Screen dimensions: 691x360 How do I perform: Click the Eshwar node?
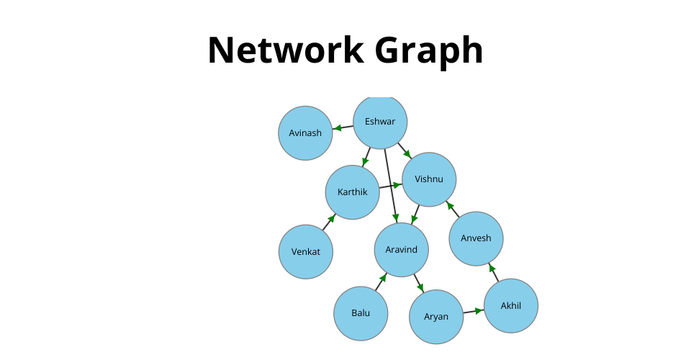(380, 122)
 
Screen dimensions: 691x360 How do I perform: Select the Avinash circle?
(305, 133)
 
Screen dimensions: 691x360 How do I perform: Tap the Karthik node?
(353, 192)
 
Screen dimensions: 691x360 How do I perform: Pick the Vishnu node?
(429, 179)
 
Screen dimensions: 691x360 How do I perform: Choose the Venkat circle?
(306, 251)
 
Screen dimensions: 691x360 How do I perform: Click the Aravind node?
(402, 250)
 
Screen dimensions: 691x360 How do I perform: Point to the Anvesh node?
(476, 238)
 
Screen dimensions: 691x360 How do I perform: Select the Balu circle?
(361, 313)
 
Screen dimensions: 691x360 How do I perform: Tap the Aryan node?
(436, 317)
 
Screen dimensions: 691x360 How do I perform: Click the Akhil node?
(511, 306)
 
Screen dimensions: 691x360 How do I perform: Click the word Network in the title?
(286, 50)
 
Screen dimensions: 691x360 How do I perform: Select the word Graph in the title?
(429, 52)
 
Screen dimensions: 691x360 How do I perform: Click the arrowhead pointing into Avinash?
(337, 128)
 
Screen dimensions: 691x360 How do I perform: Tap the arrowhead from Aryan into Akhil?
(479, 310)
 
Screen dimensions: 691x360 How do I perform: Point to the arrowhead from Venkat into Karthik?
(331, 217)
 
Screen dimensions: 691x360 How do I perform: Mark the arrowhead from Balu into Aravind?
(383, 277)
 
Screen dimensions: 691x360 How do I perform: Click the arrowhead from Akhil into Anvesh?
(492, 267)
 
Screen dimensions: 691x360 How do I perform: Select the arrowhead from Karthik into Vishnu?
(397, 185)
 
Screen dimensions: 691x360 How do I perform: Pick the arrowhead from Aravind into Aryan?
(420, 288)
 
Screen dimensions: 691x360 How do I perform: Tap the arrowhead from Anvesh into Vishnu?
(450, 205)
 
